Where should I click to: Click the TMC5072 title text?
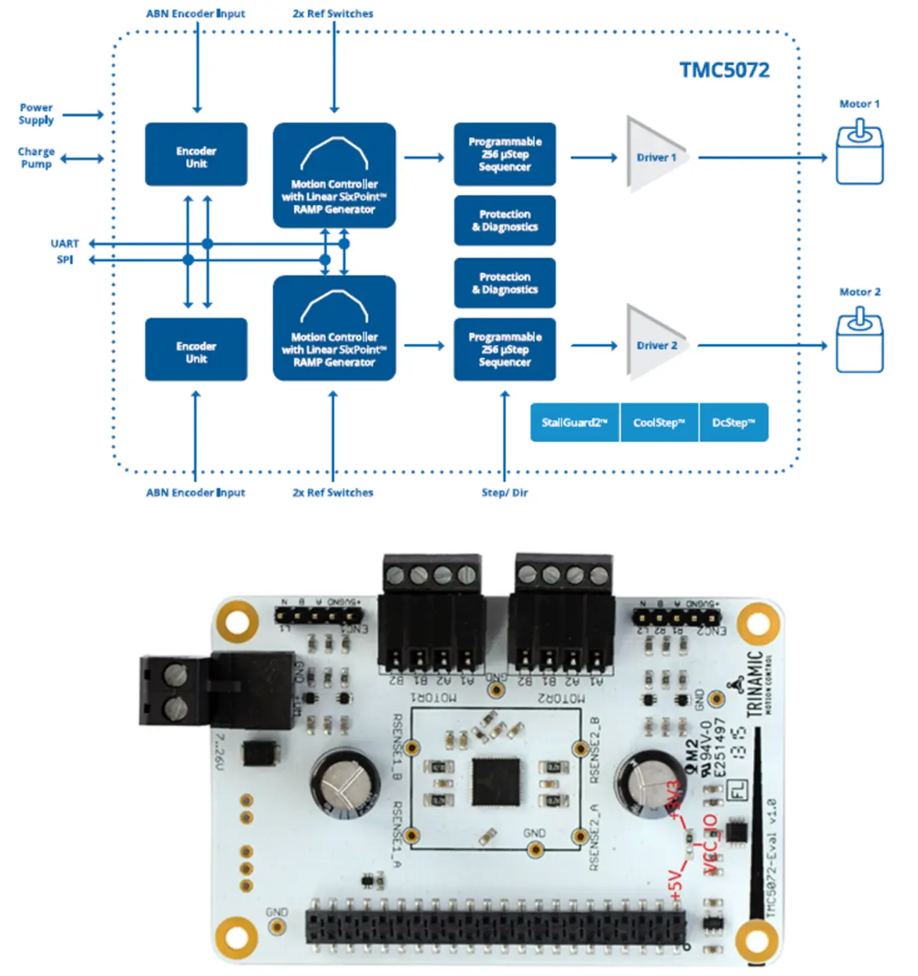[x=724, y=70]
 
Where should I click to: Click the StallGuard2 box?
[x=574, y=423]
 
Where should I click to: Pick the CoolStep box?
[x=659, y=423]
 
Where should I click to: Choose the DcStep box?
[x=733, y=423]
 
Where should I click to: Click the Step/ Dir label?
[x=504, y=493]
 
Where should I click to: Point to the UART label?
[x=65, y=244]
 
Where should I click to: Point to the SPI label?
[x=65, y=259]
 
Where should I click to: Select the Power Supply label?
[x=36, y=114]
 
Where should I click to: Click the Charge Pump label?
[x=36, y=158]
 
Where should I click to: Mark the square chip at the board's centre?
[x=496, y=780]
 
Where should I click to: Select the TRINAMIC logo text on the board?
[x=755, y=684]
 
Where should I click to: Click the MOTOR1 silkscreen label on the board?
[x=433, y=697]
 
